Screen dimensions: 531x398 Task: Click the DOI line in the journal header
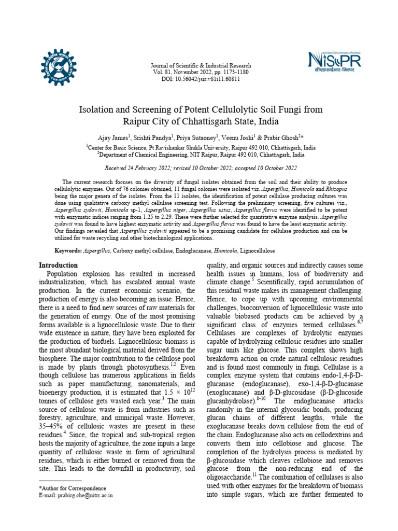(x=201, y=79)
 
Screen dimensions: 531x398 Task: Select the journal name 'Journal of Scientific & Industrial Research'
(x=201, y=66)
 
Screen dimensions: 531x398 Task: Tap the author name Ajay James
(x=113, y=138)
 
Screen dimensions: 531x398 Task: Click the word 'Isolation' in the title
(x=99, y=110)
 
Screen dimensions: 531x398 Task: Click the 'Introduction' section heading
(x=59, y=265)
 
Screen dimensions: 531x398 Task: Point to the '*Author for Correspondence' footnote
(x=73, y=488)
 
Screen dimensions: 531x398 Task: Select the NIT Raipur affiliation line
(x=201, y=154)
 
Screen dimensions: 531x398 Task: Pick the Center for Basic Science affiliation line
(x=201, y=147)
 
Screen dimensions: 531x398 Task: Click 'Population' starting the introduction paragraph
(x=63, y=273)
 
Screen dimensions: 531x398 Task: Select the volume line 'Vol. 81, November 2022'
(x=201, y=73)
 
